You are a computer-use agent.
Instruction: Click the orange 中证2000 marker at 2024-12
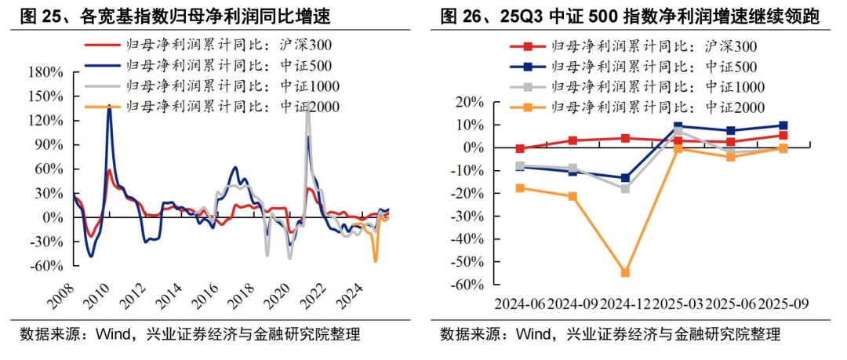(625, 272)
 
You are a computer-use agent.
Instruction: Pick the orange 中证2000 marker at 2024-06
(520, 188)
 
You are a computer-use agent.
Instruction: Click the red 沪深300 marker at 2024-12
(625, 138)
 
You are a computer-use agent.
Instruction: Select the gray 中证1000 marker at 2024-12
(625, 188)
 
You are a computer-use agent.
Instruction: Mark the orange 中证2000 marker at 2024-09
(573, 196)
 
